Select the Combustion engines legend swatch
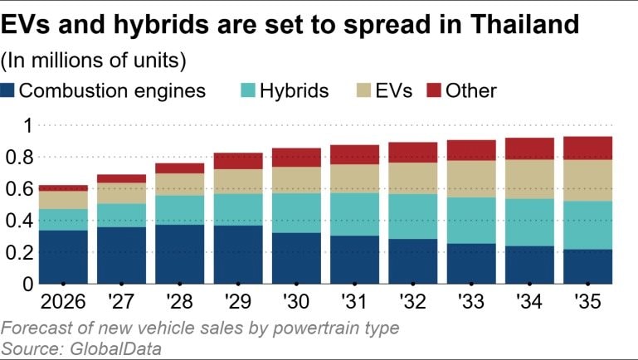tap(9, 90)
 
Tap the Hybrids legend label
tap(294, 90)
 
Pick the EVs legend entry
tap(393, 90)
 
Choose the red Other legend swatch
tap(434, 90)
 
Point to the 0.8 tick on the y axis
tap(18, 157)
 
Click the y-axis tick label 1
tap(25, 126)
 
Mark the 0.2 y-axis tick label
tap(18, 252)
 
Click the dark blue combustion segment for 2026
tap(64, 256)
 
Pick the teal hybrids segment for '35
tap(587, 225)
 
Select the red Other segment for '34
tap(529, 148)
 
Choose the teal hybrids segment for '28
tap(179, 210)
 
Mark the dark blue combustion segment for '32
tap(413, 261)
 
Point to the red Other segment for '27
tap(121, 178)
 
